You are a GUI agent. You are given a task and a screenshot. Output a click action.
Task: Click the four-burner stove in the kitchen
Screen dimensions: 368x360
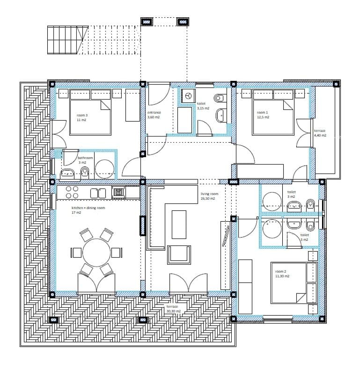[72, 192]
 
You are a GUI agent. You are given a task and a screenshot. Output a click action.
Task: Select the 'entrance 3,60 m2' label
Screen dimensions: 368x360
[154, 115]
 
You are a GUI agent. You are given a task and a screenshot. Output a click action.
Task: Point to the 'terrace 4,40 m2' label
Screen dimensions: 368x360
[320, 133]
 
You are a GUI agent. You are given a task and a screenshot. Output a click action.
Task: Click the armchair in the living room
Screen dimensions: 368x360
[180, 254]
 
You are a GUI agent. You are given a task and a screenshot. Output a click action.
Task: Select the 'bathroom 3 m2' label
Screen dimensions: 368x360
[85, 160]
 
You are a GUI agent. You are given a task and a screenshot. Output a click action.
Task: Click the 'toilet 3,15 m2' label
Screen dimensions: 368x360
[203, 106]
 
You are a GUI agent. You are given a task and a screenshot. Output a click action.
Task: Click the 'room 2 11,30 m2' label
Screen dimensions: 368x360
[282, 274]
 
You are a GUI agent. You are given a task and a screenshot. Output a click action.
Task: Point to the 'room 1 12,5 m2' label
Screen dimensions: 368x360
[263, 115]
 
